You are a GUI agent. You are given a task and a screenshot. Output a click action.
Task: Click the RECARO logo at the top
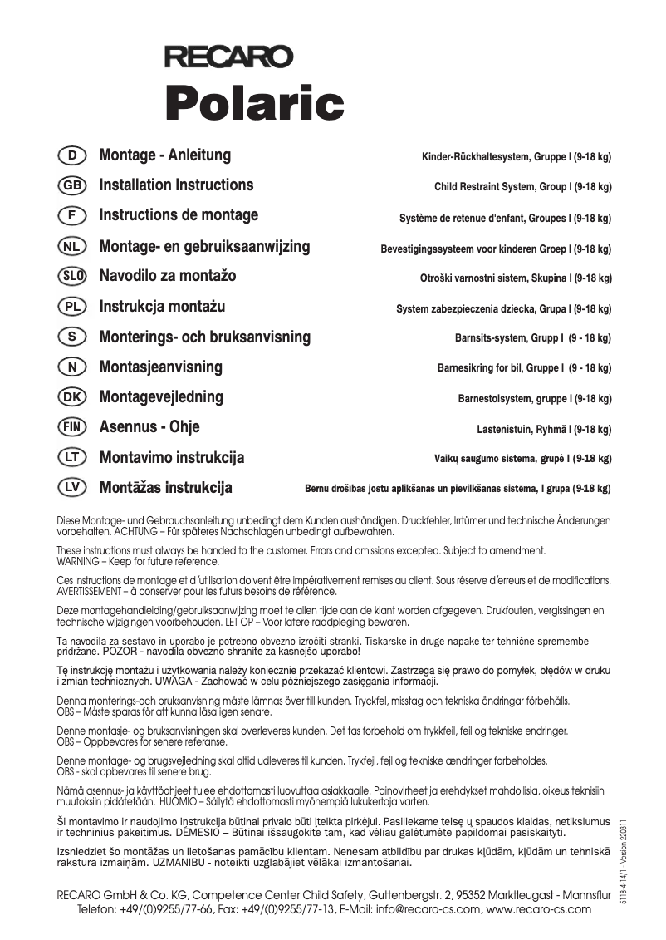(x=228, y=57)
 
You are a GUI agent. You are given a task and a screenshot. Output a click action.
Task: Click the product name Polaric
(x=254, y=103)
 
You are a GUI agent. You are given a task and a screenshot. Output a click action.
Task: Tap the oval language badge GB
(x=73, y=185)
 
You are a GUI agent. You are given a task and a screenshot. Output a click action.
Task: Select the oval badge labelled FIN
(x=73, y=427)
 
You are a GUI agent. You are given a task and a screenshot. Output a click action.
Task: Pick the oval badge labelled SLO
(x=73, y=276)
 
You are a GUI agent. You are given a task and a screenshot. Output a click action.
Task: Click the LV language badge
(x=73, y=488)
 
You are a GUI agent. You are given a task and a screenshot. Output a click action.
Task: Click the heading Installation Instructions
(x=176, y=185)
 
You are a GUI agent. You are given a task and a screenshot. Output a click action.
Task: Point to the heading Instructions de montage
(x=179, y=215)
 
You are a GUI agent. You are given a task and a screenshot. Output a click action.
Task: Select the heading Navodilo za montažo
(x=168, y=276)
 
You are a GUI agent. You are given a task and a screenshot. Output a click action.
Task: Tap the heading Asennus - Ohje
(x=149, y=427)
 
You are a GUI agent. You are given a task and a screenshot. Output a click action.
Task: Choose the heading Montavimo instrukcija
(x=172, y=458)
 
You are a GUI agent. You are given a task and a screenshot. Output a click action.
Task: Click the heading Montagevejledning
(x=161, y=397)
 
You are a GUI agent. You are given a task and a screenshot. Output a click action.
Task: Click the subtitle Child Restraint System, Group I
(x=522, y=187)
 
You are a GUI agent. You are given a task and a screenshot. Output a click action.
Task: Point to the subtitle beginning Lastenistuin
(x=538, y=429)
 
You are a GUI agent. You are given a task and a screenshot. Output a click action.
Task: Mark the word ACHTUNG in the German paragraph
(x=141, y=531)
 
